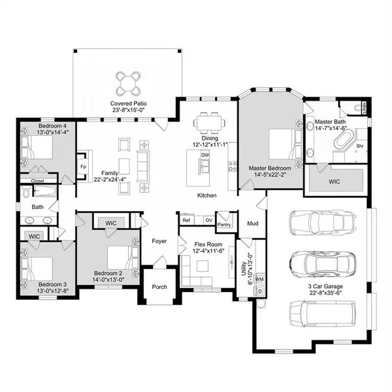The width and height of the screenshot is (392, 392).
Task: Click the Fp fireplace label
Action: coord(82,166)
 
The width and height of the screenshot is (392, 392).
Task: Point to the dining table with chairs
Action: coord(210,122)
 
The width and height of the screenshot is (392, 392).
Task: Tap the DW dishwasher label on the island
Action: coord(204,155)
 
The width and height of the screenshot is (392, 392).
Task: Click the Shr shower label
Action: coord(359,146)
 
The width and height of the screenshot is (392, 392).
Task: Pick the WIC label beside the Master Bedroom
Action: coord(334,181)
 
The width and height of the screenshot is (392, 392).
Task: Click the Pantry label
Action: coord(225,225)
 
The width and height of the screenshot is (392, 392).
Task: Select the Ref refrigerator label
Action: coord(186,220)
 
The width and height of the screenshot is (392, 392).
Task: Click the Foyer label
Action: coord(159,241)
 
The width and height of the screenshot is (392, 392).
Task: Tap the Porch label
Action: coord(159,287)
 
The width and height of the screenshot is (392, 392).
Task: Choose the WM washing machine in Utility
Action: coord(259,280)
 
